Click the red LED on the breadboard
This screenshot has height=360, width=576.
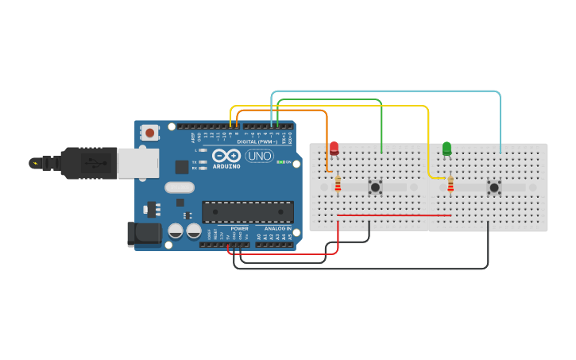(x=334, y=148)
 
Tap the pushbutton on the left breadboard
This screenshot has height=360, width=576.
(x=375, y=188)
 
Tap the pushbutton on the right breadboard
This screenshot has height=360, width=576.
(x=494, y=188)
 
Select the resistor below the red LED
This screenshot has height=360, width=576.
(x=338, y=185)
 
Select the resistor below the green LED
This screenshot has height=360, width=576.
(x=450, y=185)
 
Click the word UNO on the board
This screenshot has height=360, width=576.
(x=259, y=156)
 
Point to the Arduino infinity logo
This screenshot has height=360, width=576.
(x=226, y=156)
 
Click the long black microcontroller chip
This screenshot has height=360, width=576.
(x=247, y=212)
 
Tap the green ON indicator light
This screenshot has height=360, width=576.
(x=280, y=161)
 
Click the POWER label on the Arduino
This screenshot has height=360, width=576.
(x=239, y=228)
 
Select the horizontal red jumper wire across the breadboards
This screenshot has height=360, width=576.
(x=395, y=215)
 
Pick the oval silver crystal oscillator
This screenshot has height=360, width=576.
(x=180, y=188)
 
